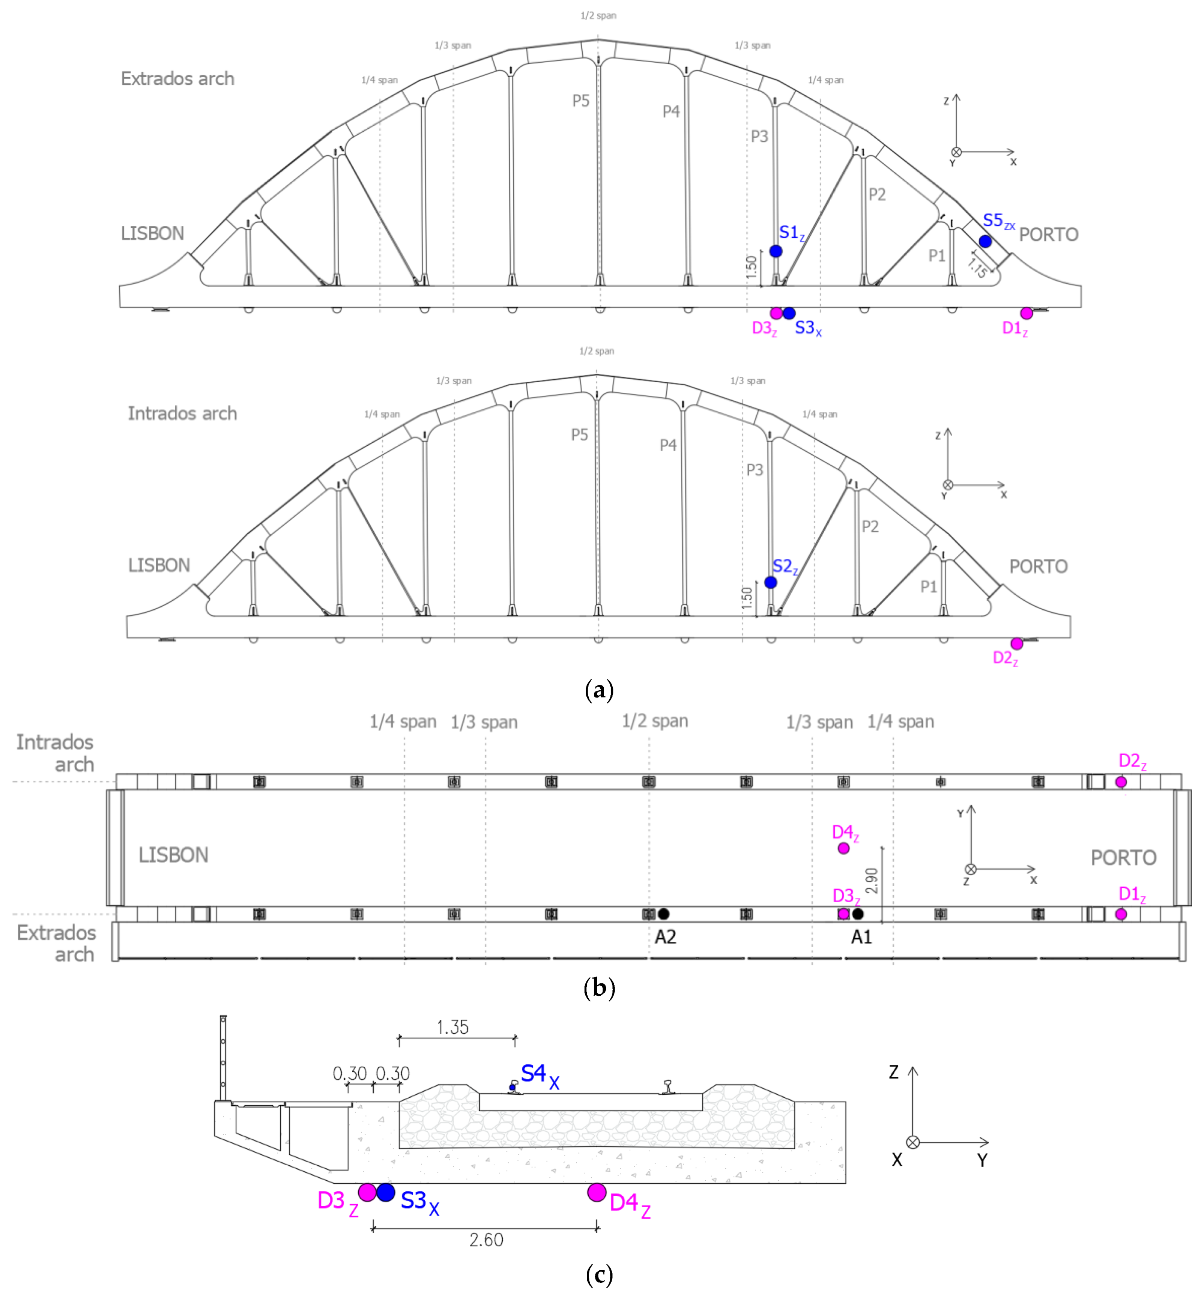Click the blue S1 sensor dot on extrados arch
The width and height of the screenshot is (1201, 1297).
(775, 251)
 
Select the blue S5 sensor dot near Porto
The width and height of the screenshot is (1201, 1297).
(985, 242)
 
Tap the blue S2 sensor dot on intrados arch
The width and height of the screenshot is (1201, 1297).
(771, 582)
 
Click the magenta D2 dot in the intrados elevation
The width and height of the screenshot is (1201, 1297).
(1016, 644)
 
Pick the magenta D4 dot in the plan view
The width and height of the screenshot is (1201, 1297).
(843, 848)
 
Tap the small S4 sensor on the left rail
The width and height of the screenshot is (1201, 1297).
(512, 1088)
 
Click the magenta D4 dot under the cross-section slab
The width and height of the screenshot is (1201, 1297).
(597, 1192)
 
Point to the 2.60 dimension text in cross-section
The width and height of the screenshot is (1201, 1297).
(486, 1240)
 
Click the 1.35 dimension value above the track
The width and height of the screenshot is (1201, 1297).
(452, 1027)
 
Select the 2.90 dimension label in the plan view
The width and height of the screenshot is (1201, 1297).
(872, 881)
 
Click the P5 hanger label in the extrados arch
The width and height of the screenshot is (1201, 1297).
(580, 101)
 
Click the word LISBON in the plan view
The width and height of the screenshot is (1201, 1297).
(173, 855)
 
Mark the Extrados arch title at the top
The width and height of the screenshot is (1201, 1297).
(177, 79)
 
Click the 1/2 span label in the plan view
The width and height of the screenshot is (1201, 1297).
(654, 721)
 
